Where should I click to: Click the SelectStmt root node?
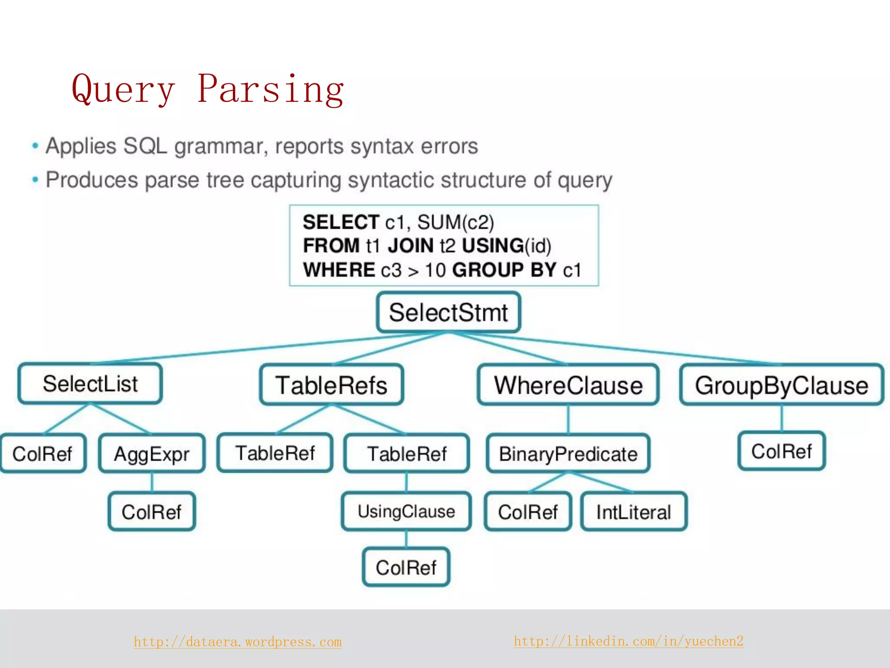pyautogui.click(x=448, y=312)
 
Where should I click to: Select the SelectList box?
pyautogui.click(x=90, y=384)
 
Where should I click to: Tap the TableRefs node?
pyautogui.click(x=332, y=385)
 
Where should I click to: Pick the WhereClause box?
pyautogui.click(x=568, y=385)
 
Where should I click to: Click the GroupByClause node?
pyautogui.click(x=781, y=385)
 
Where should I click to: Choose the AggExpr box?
pyautogui.click(x=152, y=454)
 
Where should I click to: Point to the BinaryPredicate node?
pyautogui.click(x=568, y=454)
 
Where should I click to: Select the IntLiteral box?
pyautogui.click(x=634, y=512)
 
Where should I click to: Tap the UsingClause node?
pyautogui.click(x=406, y=511)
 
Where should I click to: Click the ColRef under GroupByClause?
pyautogui.click(x=781, y=451)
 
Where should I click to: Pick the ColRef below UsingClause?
pyautogui.click(x=406, y=568)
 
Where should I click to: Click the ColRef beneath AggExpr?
pyautogui.click(x=152, y=512)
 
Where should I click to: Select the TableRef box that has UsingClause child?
pyautogui.click(x=407, y=454)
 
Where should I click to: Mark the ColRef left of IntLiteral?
pyautogui.click(x=528, y=512)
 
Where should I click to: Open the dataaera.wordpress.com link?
pyautogui.click(x=238, y=642)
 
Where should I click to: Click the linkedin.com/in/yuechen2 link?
pyautogui.click(x=628, y=641)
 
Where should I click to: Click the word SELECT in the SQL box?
pyautogui.click(x=341, y=222)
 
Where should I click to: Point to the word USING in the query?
pyautogui.click(x=492, y=246)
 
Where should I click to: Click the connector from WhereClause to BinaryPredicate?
pyautogui.click(x=568, y=420)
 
